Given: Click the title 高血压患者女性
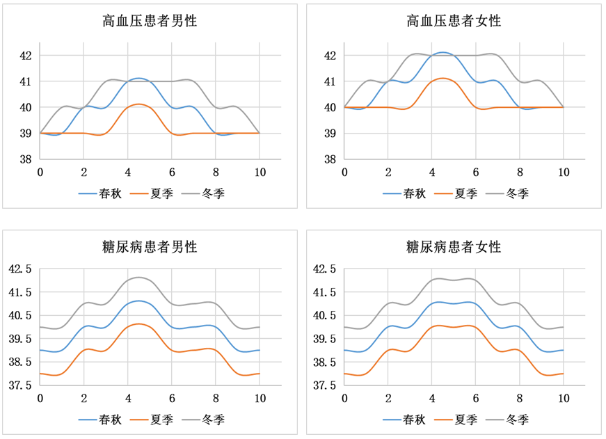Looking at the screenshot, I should pyautogui.click(x=454, y=22).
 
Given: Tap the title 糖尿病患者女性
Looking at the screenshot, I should pyautogui.click(x=454, y=247).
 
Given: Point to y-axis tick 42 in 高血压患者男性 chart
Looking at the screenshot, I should pyautogui.click(x=25, y=55).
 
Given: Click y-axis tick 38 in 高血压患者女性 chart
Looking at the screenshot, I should pyautogui.click(x=330, y=159).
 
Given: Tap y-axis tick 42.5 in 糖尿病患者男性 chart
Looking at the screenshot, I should pyautogui.click(x=19, y=269).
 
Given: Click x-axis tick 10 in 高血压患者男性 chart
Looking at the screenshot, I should pyautogui.click(x=260, y=172).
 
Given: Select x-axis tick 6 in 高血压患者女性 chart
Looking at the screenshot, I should pyautogui.click(x=476, y=172).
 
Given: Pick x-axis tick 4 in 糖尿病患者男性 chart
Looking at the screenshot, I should pyautogui.click(x=128, y=398).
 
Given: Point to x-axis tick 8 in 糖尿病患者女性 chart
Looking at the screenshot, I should pyautogui.click(x=520, y=398).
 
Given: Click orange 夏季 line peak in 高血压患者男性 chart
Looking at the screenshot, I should pyautogui.click(x=139, y=104).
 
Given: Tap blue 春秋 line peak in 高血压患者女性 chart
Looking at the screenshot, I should pyautogui.click(x=442, y=52).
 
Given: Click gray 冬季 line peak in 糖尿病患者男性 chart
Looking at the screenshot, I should pyautogui.click(x=139, y=277).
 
